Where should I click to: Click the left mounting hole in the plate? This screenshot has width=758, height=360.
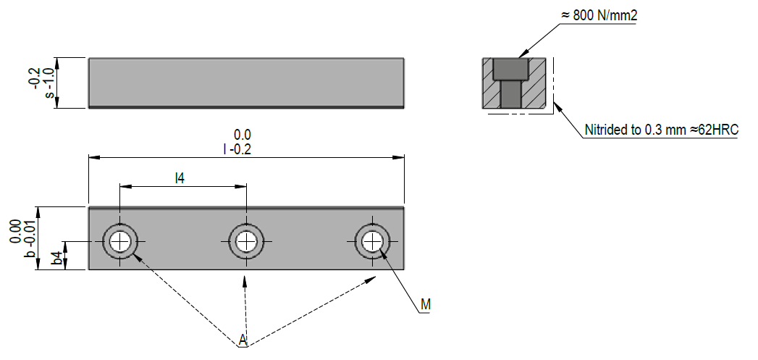tap(121, 240)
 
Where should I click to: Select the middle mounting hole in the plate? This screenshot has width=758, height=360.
tap(247, 240)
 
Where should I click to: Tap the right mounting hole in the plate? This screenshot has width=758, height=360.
tap(373, 240)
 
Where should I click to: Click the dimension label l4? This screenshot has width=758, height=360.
tap(180, 177)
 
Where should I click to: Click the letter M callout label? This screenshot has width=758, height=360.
tap(426, 305)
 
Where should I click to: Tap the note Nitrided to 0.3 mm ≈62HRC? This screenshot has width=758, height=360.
tap(660, 130)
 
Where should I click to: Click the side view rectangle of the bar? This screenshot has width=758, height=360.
tap(246, 83)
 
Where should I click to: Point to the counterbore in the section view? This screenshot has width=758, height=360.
tap(511, 70)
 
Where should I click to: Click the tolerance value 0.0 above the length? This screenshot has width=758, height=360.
tap(242, 135)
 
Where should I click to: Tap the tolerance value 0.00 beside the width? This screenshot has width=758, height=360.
tap(15, 231)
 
